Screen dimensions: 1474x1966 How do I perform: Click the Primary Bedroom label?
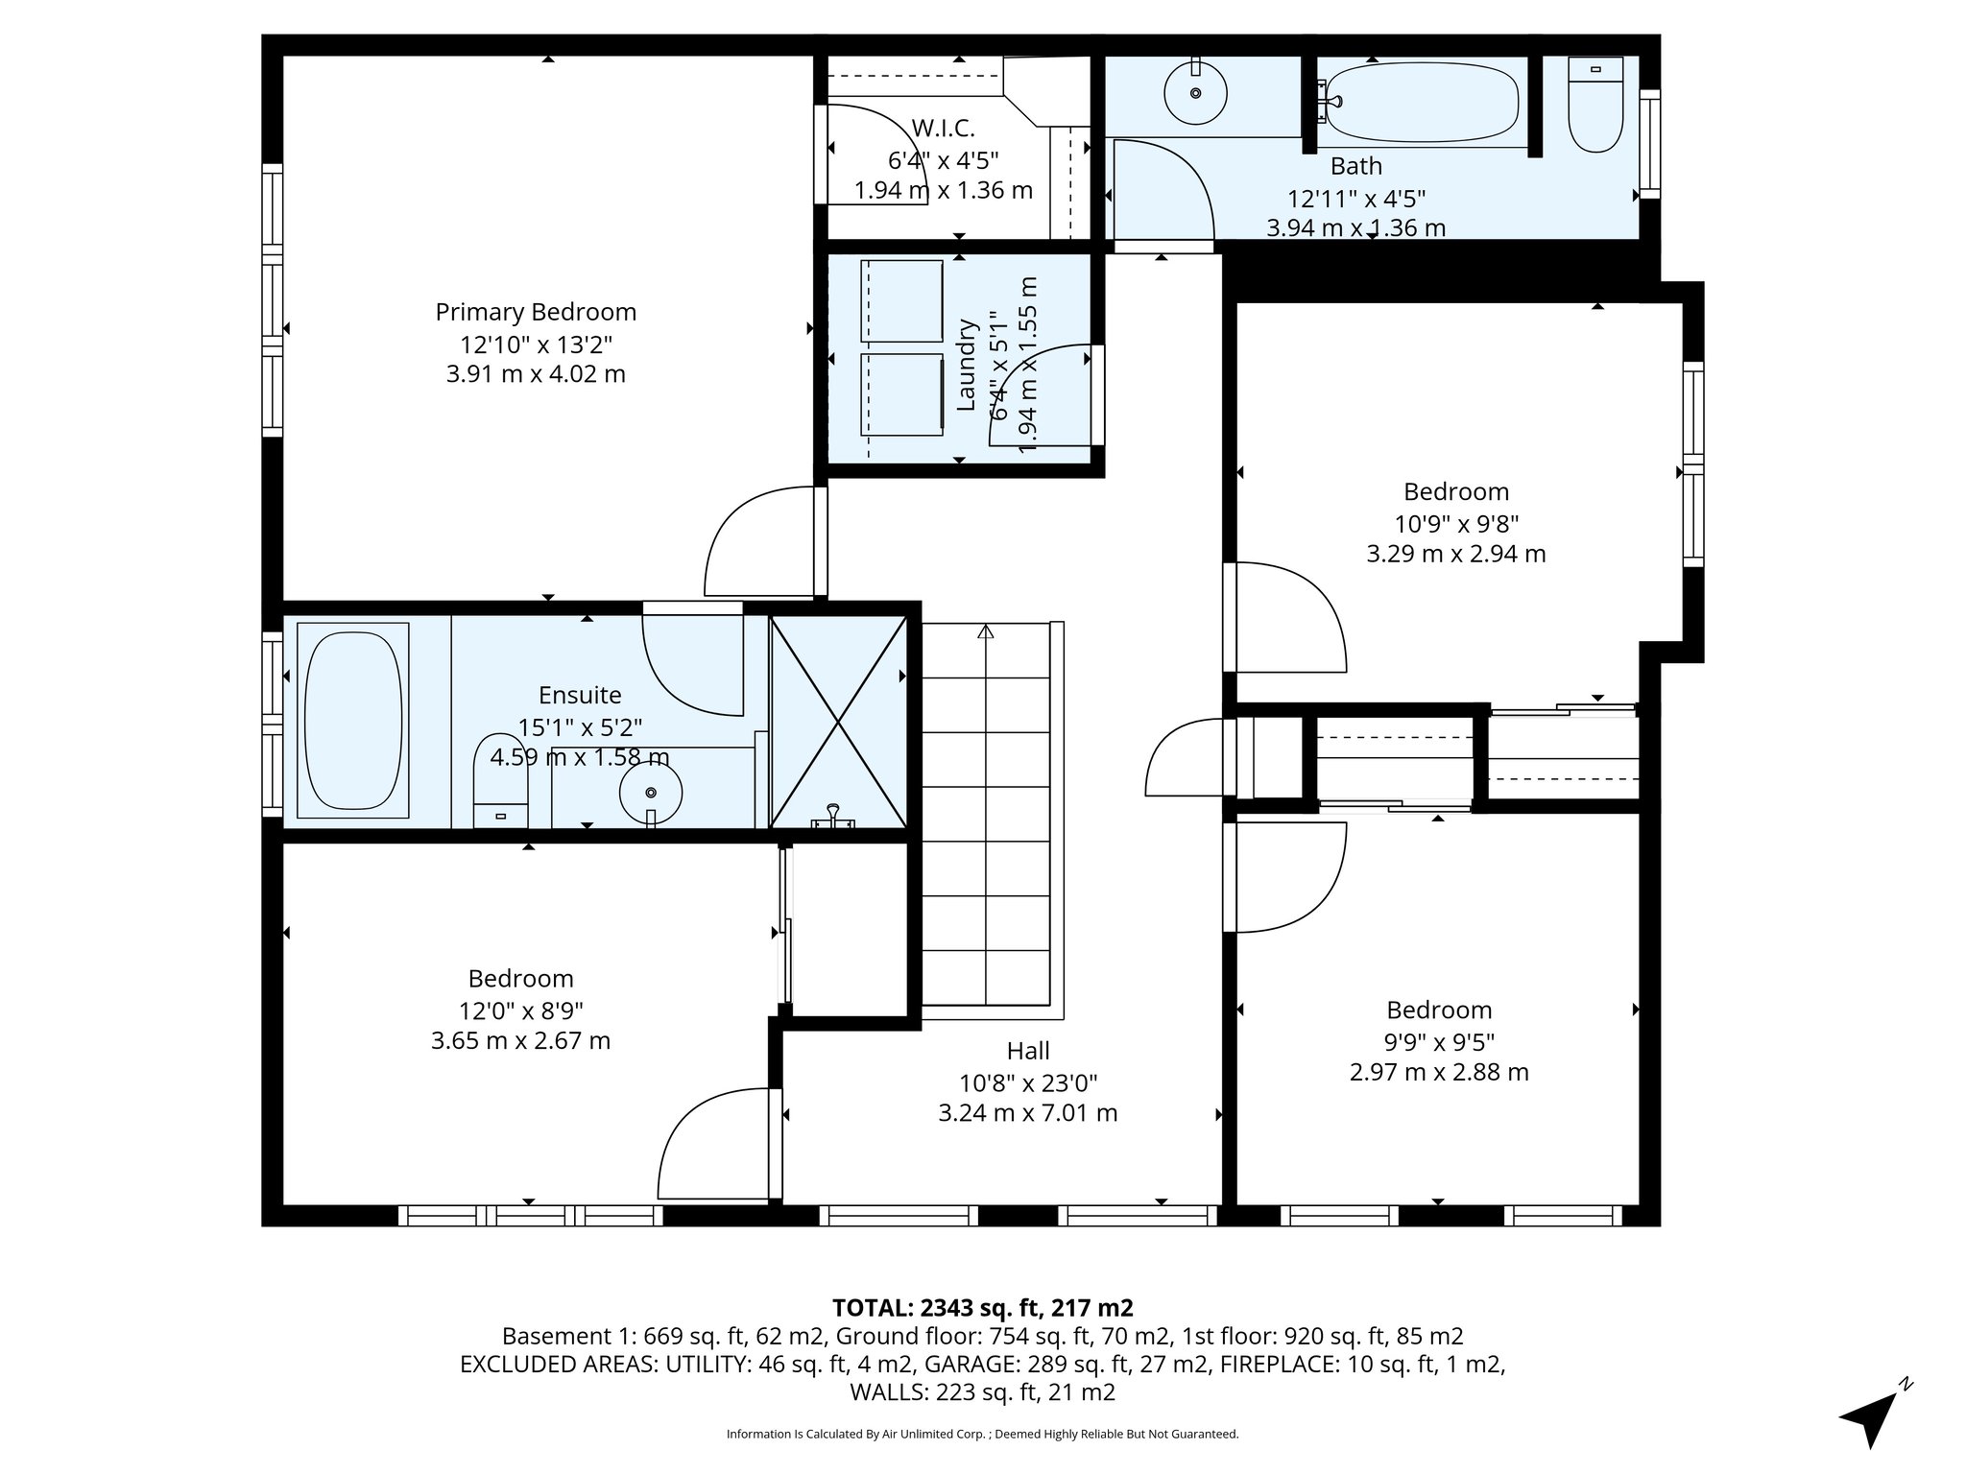click(x=536, y=312)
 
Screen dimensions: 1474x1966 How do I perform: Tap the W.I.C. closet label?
click(x=943, y=128)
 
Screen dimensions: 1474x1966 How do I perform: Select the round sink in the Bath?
click(x=1195, y=93)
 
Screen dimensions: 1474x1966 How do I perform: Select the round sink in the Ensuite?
click(x=651, y=793)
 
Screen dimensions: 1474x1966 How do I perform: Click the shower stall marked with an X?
click(x=839, y=722)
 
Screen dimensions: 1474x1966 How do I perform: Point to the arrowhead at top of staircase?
click(x=986, y=631)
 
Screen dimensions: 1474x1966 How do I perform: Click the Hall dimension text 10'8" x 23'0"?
click(x=1028, y=1082)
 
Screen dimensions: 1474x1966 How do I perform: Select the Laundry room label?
click(x=968, y=365)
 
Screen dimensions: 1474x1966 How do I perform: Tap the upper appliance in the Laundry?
click(x=902, y=300)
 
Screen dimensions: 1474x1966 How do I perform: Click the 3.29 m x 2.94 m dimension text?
click(x=1455, y=554)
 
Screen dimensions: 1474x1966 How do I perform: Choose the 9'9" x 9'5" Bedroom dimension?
click(x=1439, y=1041)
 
